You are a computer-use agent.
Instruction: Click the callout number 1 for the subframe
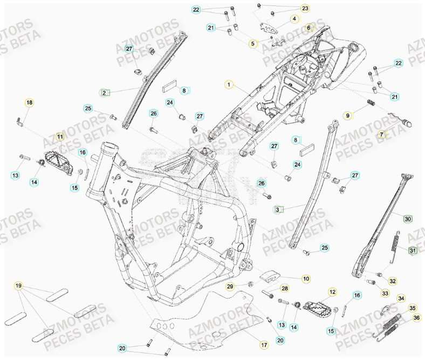(x=229, y=85)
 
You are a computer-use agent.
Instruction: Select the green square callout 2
(x=104, y=92)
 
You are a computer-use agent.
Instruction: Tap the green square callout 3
(x=278, y=209)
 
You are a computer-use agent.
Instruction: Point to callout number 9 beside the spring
(x=348, y=116)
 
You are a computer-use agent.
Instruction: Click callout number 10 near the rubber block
(x=306, y=279)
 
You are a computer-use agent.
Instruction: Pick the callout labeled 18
(x=29, y=103)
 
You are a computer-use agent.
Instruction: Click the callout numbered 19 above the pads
(x=18, y=285)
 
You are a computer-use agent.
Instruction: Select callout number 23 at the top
(x=305, y=9)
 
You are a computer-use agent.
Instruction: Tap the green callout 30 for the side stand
(x=408, y=219)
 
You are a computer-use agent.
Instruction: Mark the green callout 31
(x=413, y=250)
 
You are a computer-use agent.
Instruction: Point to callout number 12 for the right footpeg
(x=332, y=292)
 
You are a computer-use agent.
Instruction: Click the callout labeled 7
(x=382, y=134)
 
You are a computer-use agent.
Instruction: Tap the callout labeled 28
(x=285, y=289)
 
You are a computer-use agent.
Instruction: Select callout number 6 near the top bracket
(x=309, y=28)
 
